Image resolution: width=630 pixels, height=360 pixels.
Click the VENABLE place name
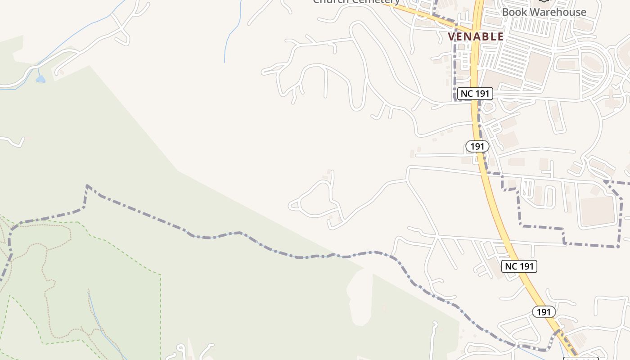[476, 37]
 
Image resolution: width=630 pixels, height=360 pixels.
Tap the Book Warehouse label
[544, 12]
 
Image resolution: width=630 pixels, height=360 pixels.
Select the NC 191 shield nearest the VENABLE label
[475, 94]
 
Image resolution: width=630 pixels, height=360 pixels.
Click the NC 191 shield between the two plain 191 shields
[519, 266]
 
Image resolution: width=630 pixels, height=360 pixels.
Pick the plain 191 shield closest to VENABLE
[477, 146]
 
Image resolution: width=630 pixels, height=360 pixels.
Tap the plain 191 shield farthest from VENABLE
[544, 312]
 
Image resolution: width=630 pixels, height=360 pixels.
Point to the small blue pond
[40, 80]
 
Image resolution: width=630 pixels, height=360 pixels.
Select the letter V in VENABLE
[451, 37]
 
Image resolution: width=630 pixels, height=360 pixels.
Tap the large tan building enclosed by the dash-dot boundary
[597, 211]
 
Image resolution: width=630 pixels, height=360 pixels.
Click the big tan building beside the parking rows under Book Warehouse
[538, 67]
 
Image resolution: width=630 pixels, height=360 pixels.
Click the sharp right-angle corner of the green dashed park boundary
[160, 274]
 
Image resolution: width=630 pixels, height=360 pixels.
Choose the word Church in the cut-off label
[331, 1]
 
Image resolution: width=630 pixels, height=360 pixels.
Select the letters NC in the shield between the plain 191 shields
[511, 266]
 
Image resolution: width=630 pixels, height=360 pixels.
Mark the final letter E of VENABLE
[500, 37]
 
